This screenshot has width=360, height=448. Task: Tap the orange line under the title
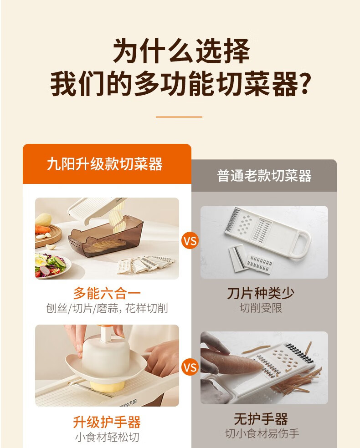coord(179,117)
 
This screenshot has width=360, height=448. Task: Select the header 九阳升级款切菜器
coord(105,164)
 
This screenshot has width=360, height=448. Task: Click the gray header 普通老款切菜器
coord(264,175)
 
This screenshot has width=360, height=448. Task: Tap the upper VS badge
coord(190,240)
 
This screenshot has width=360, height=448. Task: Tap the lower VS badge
coord(190,367)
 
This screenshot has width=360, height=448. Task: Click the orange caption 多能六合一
coord(107,293)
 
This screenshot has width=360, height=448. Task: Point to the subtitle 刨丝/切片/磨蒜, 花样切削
coord(107,309)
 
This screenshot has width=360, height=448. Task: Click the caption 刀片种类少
coord(261,293)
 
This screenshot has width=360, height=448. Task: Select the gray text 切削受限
coord(261,308)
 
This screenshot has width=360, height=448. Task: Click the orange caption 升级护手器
coord(107,422)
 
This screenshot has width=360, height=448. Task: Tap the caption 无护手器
coord(261,419)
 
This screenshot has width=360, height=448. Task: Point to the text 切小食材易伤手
coord(262,434)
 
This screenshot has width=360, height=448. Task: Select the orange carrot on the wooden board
coord(43,229)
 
